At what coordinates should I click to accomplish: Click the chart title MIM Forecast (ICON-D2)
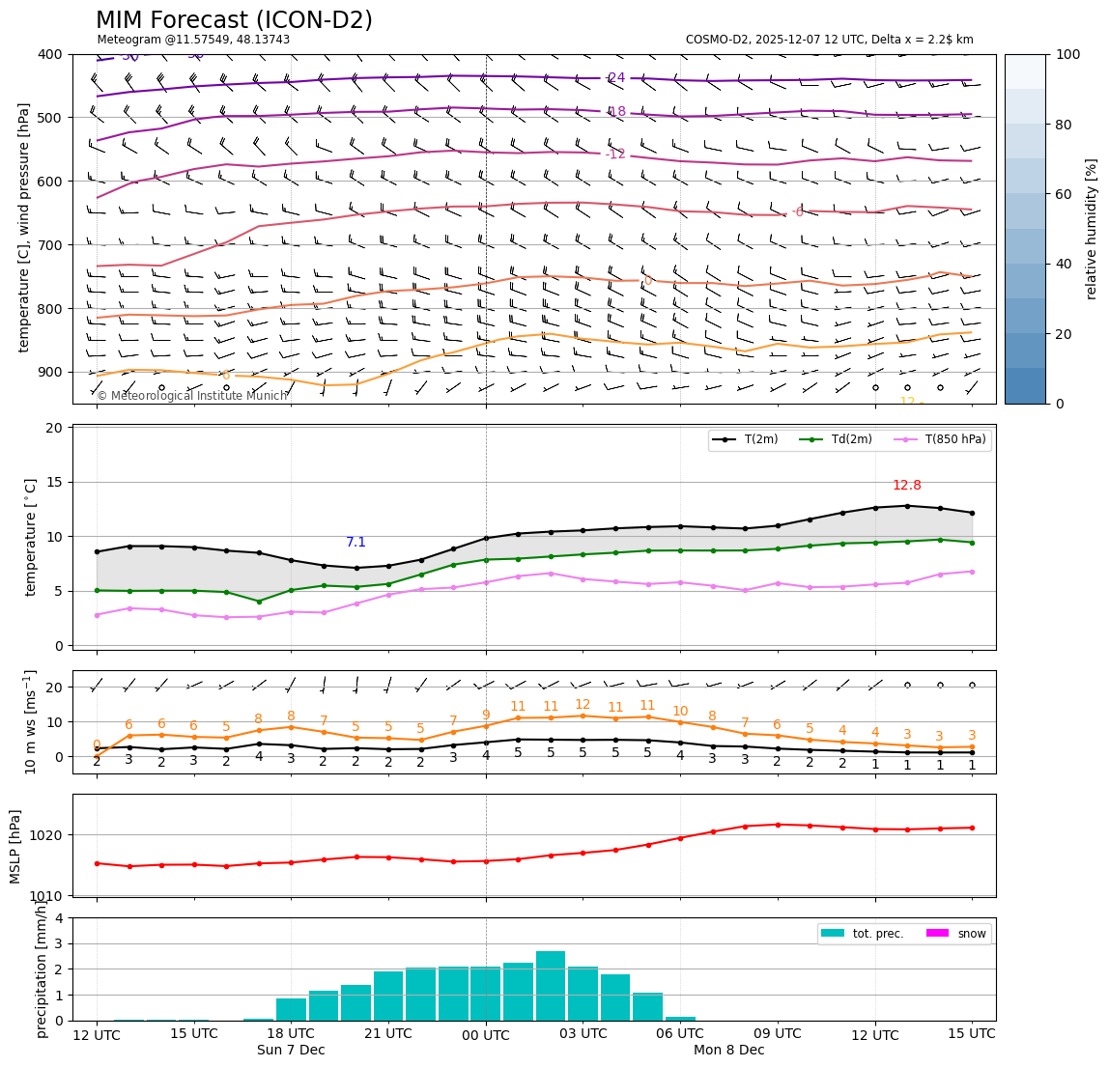(x=234, y=20)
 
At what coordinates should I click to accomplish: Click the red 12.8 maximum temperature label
(x=906, y=486)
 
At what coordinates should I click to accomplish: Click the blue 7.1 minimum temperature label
(x=355, y=543)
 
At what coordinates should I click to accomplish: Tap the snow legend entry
(x=972, y=934)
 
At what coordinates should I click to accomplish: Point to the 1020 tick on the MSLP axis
(x=54, y=835)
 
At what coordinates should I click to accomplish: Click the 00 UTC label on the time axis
(x=485, y=1034)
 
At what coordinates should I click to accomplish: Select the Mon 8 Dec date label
(x=728, y=1051)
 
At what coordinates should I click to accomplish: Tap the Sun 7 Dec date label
(x=291, y=1051)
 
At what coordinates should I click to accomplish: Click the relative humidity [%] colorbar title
(x=1092, y=229)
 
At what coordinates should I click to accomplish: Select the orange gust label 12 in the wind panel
(x=583, y=705)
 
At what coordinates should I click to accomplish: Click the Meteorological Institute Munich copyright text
(x=192, y=396)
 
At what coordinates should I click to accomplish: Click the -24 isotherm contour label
(x=615, y=78)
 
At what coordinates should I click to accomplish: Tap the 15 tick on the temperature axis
(x=55, y=483)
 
